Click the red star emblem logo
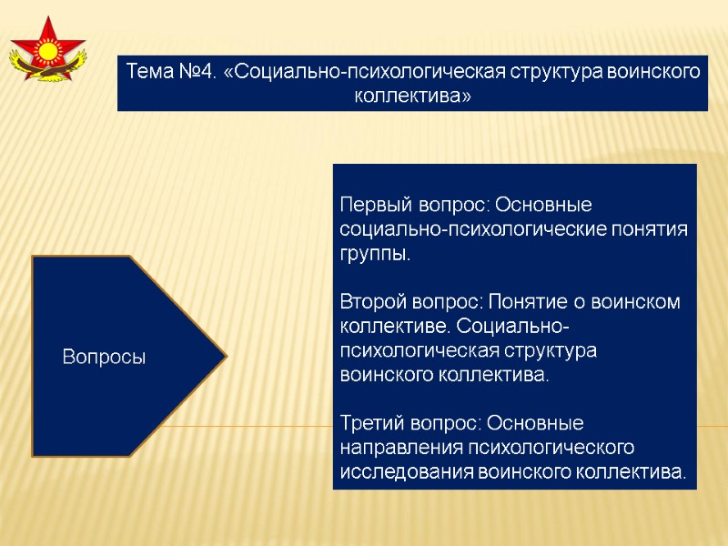click(x=47, y=50)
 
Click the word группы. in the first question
click(x=375, y=254)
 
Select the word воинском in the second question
click(x=642, y=301)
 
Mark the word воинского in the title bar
click(x=655, y=71)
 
